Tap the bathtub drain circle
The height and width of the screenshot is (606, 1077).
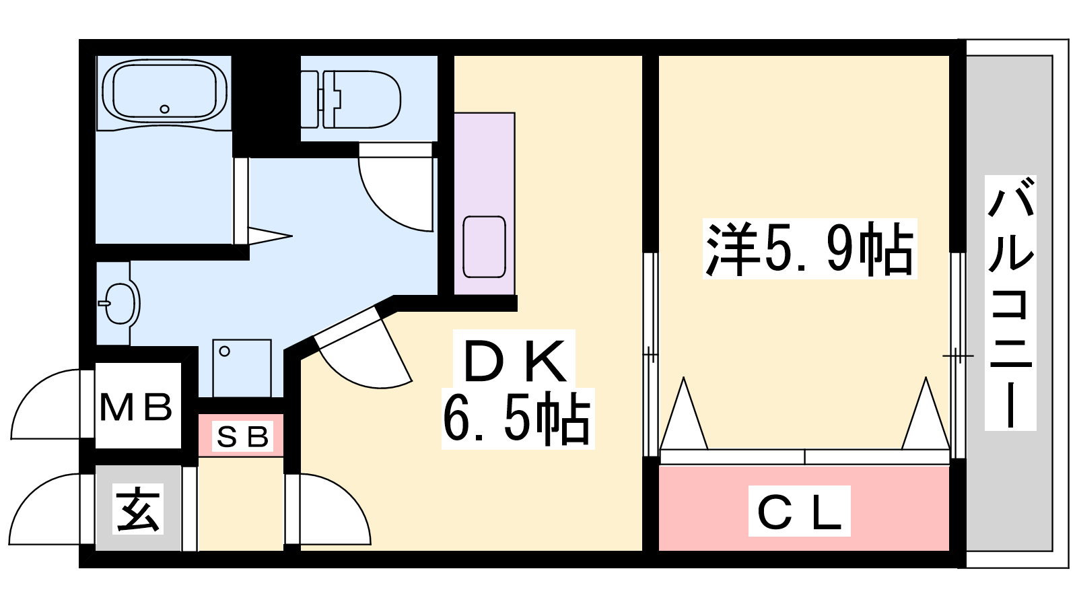[164, 109]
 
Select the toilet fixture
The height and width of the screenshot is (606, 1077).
[351, 100]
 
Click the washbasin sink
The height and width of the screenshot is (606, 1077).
[119, 303]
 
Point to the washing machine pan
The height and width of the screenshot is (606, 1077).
[242, 368]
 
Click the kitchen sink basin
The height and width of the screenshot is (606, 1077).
[484, 246]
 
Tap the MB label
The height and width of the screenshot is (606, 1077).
[136, 407]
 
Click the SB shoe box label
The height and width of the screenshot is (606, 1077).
[242, 437]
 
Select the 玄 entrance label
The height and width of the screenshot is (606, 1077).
[138, 509]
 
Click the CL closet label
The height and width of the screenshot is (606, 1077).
[799, 512]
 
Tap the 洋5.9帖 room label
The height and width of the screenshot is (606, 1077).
[810, 248]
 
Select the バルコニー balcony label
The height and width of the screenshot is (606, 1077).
[1010, 302]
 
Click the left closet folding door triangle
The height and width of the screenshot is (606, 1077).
[683, 413]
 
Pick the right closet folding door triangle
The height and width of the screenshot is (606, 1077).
[926, 413]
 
